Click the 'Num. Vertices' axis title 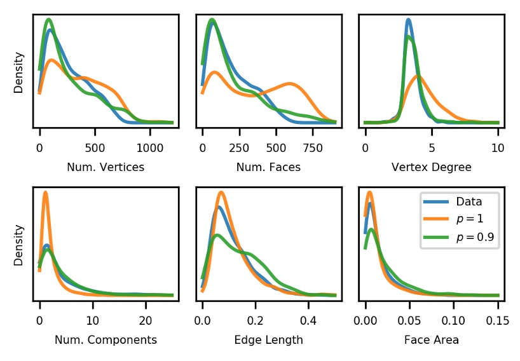(x=106, y=168)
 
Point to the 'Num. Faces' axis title (x=268, y=168)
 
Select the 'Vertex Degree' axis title (x=432, y=168)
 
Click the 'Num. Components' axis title (x=106, y=340)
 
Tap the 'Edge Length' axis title (x=268, y=340)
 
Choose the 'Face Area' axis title (x=432, y=340)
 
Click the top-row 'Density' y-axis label (x=19, y=72)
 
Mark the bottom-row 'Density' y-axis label (x=19, y=245)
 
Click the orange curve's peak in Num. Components (x=45, y=193)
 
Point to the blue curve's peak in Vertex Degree (x=408, y=20)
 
